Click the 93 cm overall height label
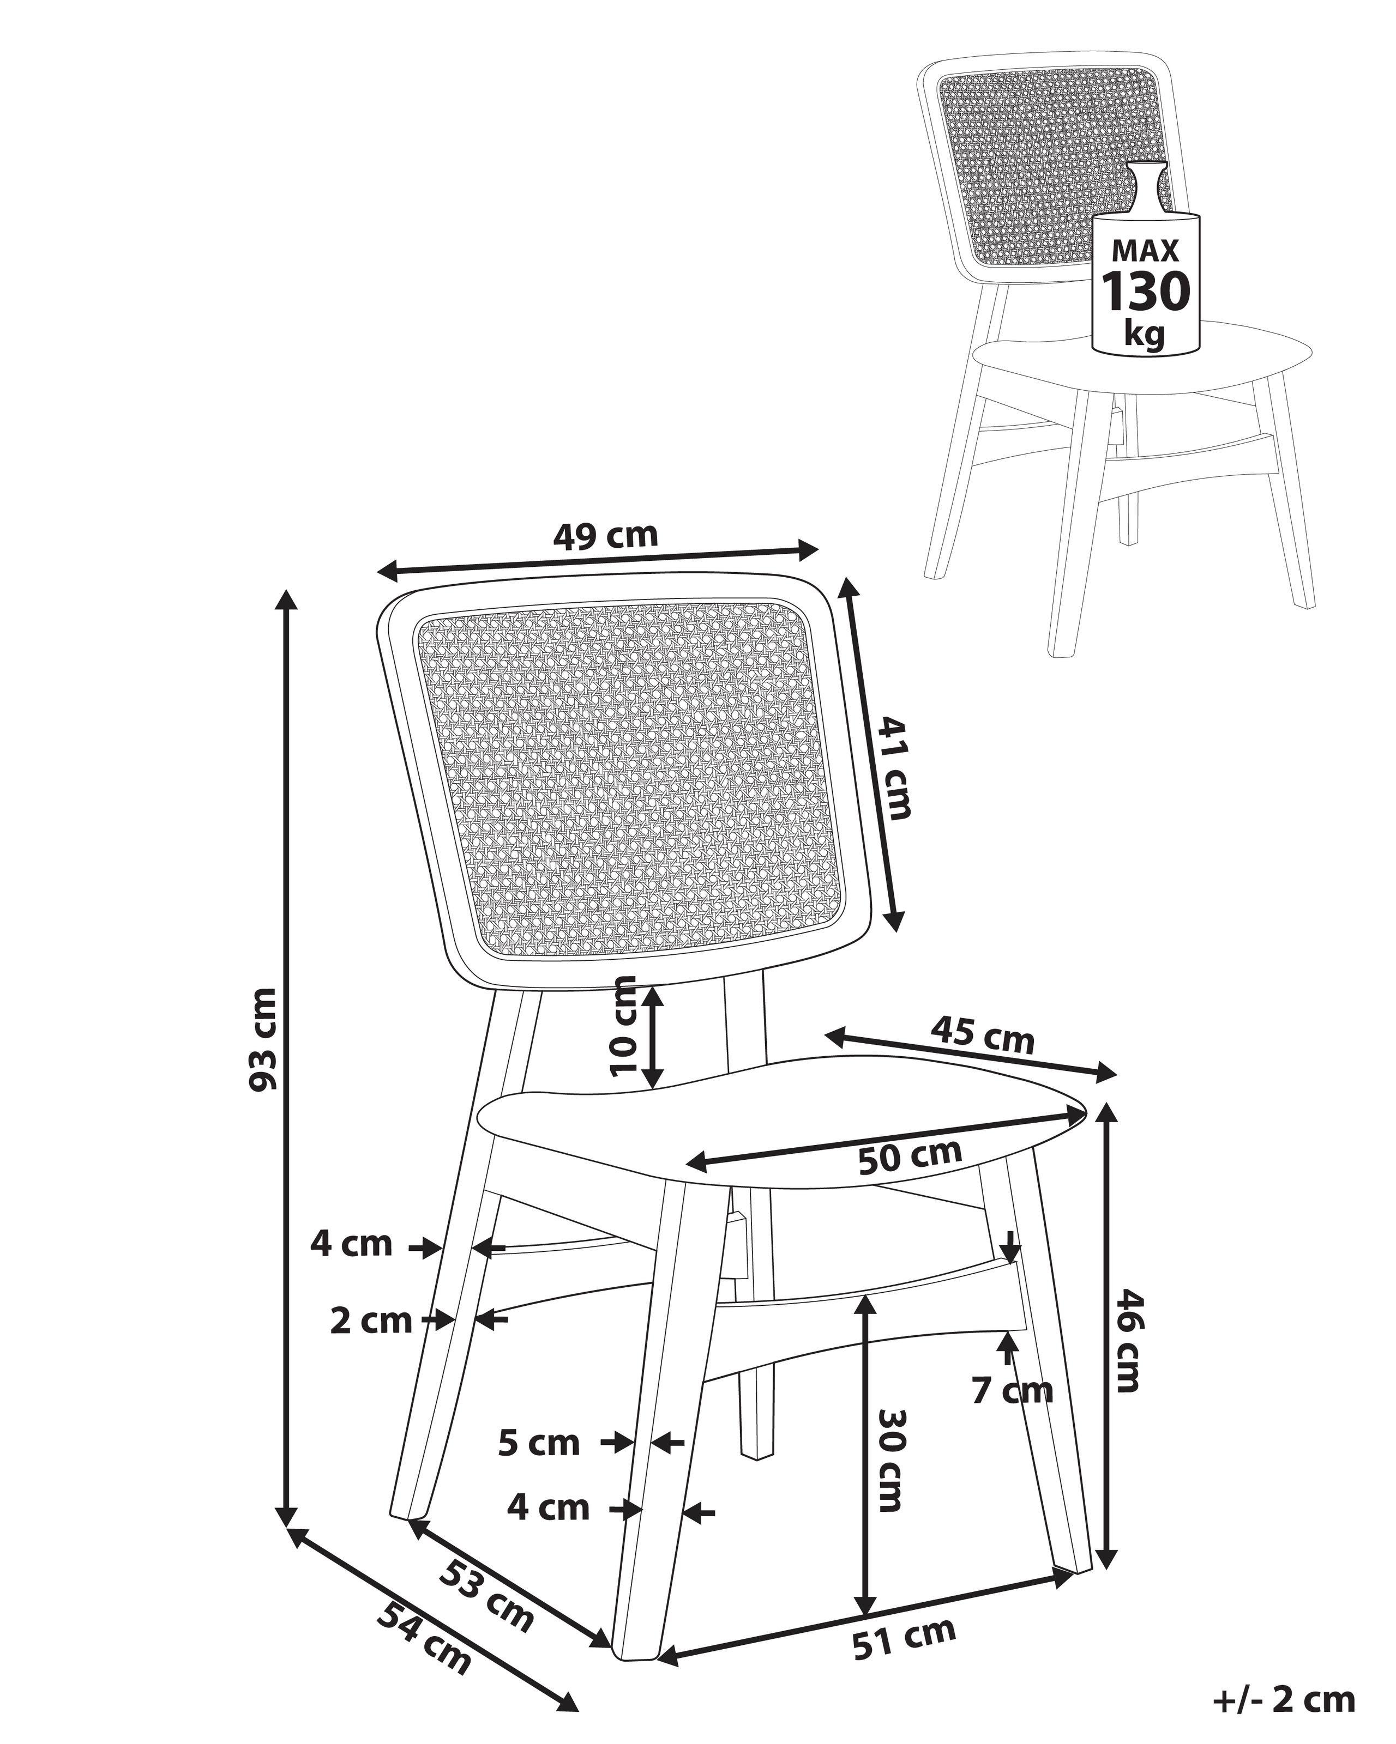[x=264, y=1039]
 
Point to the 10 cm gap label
[x=625, y=1025]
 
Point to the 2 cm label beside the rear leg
[x=371, y=1321]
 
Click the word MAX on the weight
[x=1145, y=251]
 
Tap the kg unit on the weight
[x=1144, y=332]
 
